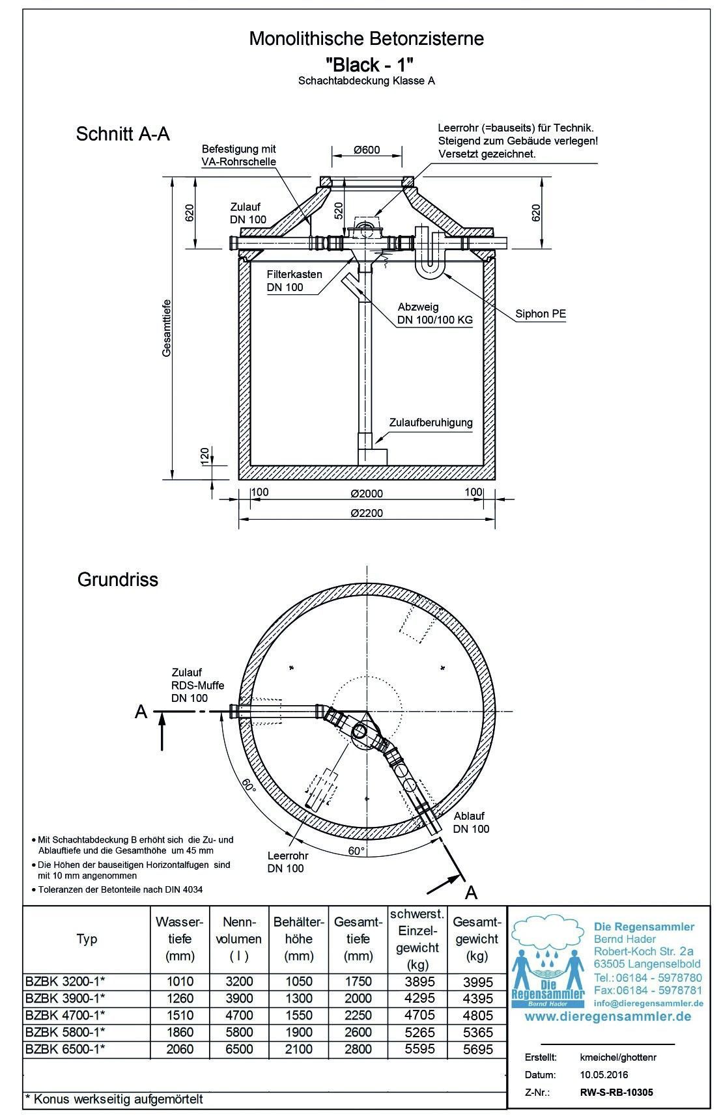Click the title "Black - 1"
pyautogui.click(x=369, y=64)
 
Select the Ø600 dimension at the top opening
pyautogui.click(x=367, y=150)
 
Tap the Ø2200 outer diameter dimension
pyautogui.click(x=367, y=513)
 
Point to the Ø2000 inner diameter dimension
pyautogui.click(x=367, y=493)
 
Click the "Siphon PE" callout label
pyautogui.click(x=541, y=314)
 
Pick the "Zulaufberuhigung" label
pyautogui.click(x=431, y=423)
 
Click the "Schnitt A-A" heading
pyautogui.click(x=122, y=134)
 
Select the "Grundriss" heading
pyautogui.click(x=118, y=579)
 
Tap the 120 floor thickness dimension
pyautogui.click(x=204, y=453)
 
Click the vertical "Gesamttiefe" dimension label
pyautogui.click(x=167, y=328)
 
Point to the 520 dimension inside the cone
pyautogui.click(x=338, y=211)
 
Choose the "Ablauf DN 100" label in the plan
pyautogui.click(x=472, y=822)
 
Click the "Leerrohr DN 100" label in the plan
pyautogui.click(x=287, y=862)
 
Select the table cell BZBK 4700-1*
pyautogui.click(x=64, y=1014)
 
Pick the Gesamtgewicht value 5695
pyautogui.click(x=476, y=1049)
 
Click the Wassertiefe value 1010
pyautogui.click(x=180, y=981)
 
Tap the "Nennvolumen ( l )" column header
pyautogui.click(x=241, y=939)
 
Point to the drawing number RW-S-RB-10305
pyautogui.click(x=615, y=1093)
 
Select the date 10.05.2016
pyautogui.click(x=604, y=1075)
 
